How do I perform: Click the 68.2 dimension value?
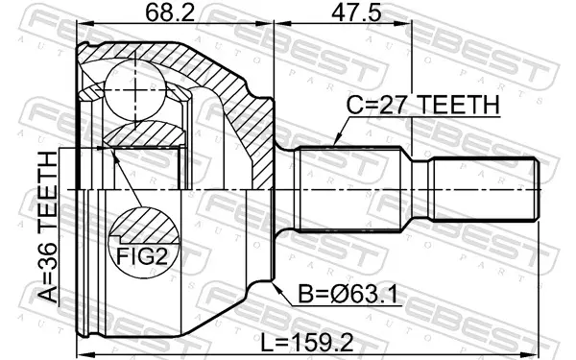(x=169, y=12)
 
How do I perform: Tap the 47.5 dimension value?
(x=356, y=12)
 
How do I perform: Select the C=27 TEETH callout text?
(x=423, y=105)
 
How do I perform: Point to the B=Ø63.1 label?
(x=348, y=295)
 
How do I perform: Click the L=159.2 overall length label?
(x=307, y=343)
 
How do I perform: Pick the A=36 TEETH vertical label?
(x=49, y=227)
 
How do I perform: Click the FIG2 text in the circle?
(x=142, y=256)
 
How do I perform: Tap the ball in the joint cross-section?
(x=134, y=90)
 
